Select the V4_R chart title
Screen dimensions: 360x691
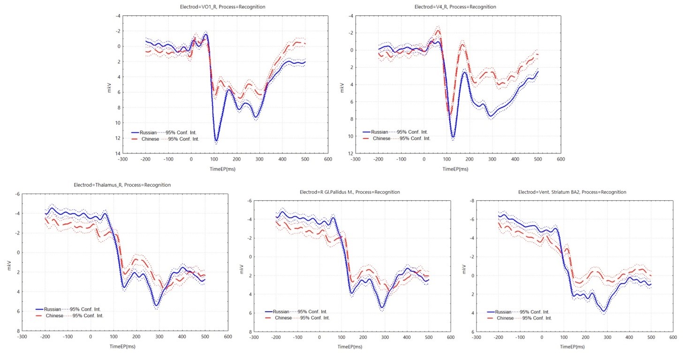(x=455, y=7)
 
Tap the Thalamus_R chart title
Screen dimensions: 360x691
(x=122, y=185)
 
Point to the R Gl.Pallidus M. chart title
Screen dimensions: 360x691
(x=349, y=192)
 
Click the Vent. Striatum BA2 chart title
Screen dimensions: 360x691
(x=572, y=192)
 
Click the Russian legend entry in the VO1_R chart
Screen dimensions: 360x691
(x=148, y=133)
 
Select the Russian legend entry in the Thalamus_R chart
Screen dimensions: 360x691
(x=52, y=309)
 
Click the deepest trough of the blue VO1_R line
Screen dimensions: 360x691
(x=216, y=140)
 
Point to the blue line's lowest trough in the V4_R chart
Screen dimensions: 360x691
(x=453, y=137)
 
